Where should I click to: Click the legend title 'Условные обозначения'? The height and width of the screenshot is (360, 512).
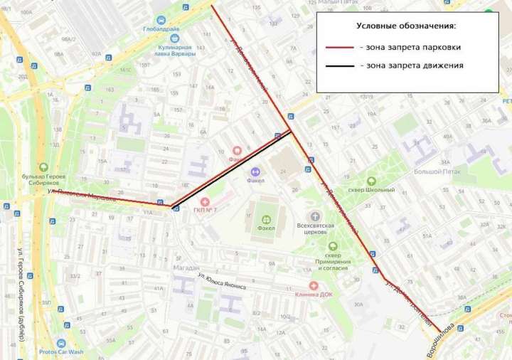tap(406, 26)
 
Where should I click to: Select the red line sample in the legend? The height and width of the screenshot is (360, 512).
tap(341, 48)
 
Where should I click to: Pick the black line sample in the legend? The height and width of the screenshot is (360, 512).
tap(341, 66)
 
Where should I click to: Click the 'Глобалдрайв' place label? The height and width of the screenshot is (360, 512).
tap(161, 30)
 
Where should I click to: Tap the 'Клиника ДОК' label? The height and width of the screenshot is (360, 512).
tap(314, 293)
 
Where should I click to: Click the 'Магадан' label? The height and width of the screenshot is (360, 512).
tap(186, 268)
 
